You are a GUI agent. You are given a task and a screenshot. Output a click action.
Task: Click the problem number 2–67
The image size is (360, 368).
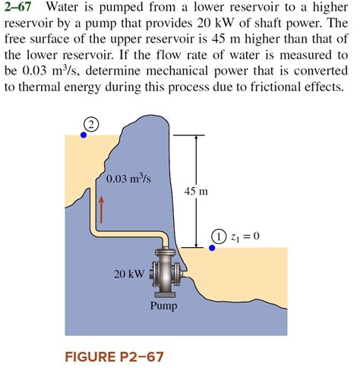pyautogui.click(x=19, y=10)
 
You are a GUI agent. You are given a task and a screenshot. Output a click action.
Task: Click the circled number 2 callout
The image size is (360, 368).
pyautogui.click(x=92, y=125)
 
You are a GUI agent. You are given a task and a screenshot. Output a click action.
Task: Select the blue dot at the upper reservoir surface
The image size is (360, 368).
pyautogui.click(x=84, y=135)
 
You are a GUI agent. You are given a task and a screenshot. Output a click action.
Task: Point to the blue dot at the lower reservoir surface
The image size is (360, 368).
pyautogui.click(x=211, y=247)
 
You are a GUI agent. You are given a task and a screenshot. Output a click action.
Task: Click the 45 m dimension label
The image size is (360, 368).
pyautogui.click(x=196, y=192)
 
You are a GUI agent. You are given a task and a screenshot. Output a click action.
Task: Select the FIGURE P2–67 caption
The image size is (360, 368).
pyautogui.click(x=113, y=355)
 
